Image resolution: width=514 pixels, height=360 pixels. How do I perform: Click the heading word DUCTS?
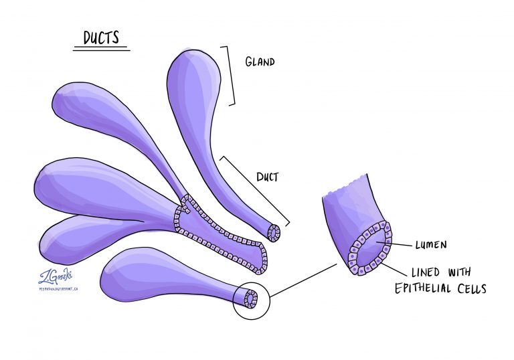coord(102,37)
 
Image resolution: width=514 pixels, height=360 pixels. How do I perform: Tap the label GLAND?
coord(260,62)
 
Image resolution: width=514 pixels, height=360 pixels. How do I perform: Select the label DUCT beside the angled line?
coord(267,178)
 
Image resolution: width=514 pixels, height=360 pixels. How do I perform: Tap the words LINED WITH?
coord(440,272)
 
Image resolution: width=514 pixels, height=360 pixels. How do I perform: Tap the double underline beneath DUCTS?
coord(101,49)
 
